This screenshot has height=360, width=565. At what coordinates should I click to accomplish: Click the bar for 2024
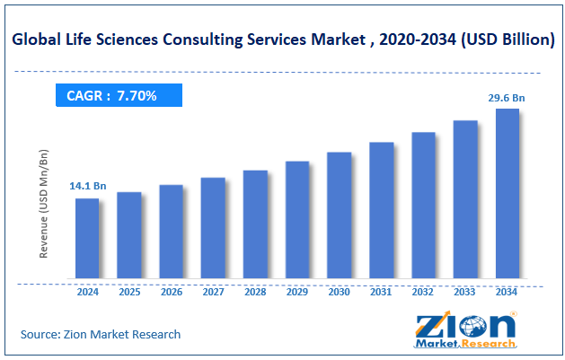[87, 238]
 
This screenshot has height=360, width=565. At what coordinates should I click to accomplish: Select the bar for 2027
[213, 228]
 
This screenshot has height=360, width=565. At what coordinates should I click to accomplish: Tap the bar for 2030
[339, 215]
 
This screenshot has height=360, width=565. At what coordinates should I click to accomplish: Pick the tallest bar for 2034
[508, 193]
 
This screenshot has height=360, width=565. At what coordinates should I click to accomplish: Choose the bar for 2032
[423, 206]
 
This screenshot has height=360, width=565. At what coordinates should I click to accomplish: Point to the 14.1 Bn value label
[87, 186]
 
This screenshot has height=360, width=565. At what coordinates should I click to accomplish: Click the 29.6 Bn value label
[507, 96]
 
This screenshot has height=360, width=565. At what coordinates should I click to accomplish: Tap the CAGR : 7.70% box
[119, 95]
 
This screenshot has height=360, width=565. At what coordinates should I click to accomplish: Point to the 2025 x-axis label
[129, 292]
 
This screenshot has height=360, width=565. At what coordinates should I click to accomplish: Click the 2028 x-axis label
[255, 292]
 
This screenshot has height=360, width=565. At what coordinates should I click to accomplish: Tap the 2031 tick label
[381, 292]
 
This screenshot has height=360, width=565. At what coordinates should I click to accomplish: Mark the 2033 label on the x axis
[465, 292]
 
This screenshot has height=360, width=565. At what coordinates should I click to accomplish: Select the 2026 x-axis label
[171, 292]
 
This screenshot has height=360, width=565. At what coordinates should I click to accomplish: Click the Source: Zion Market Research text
[101, 334]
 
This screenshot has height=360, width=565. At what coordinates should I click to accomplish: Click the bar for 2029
[297, 220]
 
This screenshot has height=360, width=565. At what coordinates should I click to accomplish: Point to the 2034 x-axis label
[508, 292]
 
